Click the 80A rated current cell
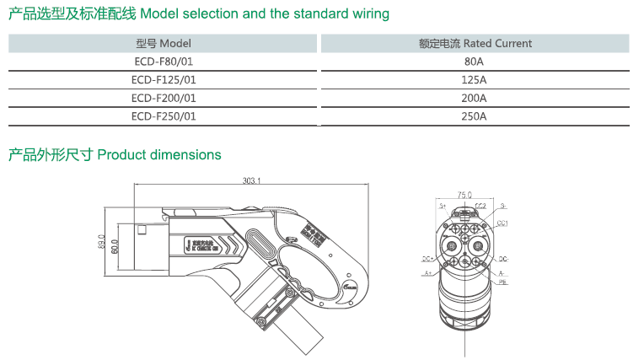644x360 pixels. click(475, 62)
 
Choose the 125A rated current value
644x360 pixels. click(475, 80)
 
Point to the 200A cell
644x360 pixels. click(475, 99)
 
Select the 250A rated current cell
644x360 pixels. click(475, 117)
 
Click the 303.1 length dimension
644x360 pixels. click(252, 180)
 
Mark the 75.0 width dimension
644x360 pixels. click(463, 194)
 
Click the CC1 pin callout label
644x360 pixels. click(502, 223)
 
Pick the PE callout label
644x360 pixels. click(502, 285)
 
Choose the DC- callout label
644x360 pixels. click(503, 259)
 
